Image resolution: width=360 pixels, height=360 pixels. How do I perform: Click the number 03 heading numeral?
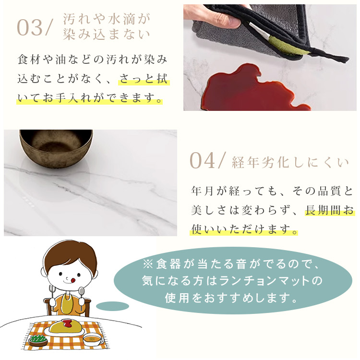[30, 28]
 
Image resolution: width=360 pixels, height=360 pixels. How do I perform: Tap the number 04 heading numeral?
[202, 161]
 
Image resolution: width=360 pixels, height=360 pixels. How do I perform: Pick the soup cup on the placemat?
[93, 340]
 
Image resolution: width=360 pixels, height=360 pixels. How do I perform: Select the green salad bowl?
[38, 340]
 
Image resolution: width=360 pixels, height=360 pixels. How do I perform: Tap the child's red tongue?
[72, 280]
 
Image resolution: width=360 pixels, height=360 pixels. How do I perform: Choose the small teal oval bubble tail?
[112, 306]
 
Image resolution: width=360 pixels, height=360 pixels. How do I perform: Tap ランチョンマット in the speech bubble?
[264, 281]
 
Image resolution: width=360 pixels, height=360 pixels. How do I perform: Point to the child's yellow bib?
[67, 303]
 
